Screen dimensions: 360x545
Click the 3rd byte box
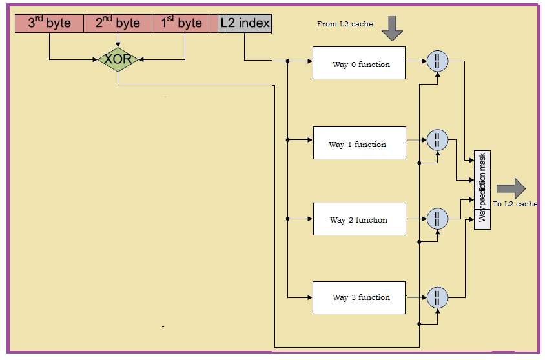tap(49, 24)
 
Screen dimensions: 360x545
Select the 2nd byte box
tap(118, 24)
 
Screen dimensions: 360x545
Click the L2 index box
tap(245, 24)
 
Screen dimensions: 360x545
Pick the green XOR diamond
tap(118, 59)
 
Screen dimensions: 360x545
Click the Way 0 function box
tap(358, 63)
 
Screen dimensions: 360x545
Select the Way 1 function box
tap(359, 143)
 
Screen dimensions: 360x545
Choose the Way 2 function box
tap(359, 219)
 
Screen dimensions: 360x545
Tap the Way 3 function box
tap(359, 297)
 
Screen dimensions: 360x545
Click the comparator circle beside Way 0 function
tap(437, 61)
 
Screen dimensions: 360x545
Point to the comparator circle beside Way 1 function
tap(437, 139)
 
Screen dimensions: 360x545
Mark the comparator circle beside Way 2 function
tap(437, 218)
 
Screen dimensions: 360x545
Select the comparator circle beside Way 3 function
tap(437, 297)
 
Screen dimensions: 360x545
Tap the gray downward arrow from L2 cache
tap(392, 28)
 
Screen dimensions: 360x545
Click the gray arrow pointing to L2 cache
tap(511, 188)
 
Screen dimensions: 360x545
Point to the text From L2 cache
tap(345, 24)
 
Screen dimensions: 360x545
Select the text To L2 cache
tap(515, 204)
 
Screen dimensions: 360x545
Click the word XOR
tap(118, 59)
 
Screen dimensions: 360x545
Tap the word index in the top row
tap(253, 24)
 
